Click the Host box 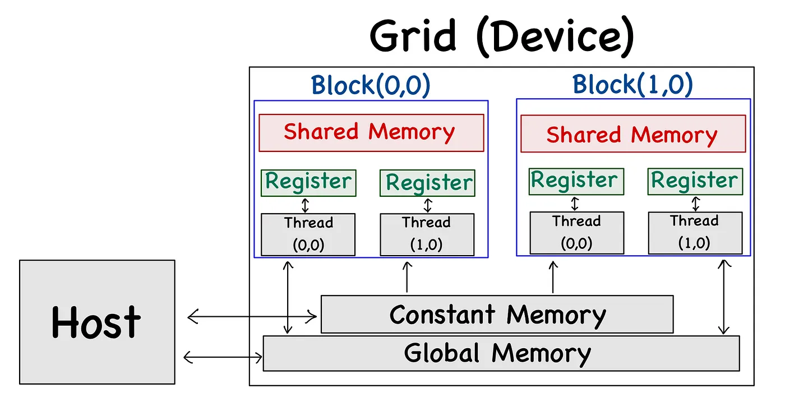97,322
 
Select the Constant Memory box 497,314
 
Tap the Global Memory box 501,353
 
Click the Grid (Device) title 502,37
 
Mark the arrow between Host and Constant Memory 252,316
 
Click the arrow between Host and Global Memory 223,358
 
